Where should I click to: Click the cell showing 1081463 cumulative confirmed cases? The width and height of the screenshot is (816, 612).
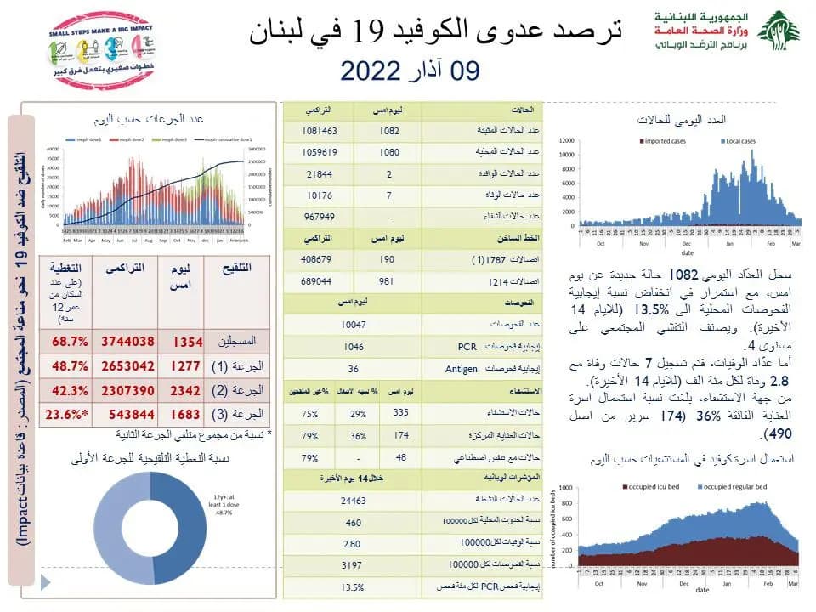[319, 132]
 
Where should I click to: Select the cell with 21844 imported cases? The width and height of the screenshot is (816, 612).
[319, 173]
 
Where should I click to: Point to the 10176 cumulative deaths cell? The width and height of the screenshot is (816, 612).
[319, 195]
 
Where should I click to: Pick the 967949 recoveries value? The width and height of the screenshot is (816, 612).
[319, 216]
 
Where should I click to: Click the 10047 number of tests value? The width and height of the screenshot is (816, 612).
[352, 325]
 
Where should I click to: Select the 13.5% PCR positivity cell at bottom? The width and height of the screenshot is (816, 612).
[352, 587]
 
